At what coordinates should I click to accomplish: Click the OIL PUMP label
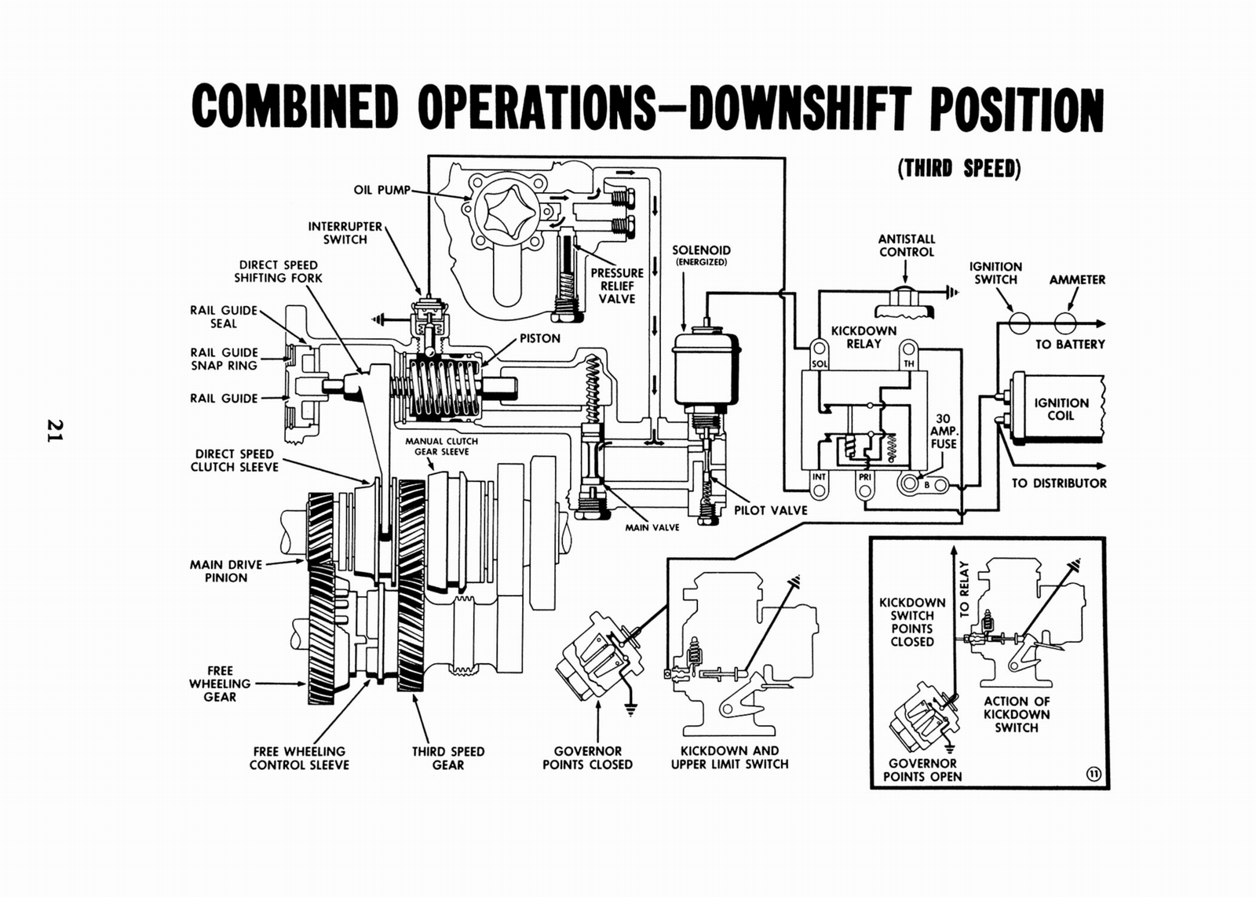pos(382,190)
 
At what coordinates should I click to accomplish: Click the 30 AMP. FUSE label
pos(943,431)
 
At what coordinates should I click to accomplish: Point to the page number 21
pos(54,429)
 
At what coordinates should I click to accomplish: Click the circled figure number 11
pos(1093,775)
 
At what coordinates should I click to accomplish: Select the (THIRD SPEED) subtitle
pos(958,169)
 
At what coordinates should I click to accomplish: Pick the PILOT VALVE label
pos(770,510)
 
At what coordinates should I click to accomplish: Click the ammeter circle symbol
pos(1065,323)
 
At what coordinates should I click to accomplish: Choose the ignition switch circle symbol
pos(1019,323)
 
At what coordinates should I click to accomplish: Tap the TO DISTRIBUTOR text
pos(1058,483)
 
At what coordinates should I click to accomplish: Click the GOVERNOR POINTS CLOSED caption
pos(587,757)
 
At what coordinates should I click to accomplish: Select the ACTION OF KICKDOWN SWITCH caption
pos(1016,714)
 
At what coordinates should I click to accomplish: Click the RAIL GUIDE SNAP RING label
pos(224,359)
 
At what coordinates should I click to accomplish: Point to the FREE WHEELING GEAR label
pos(220,684)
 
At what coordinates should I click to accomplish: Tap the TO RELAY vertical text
pos(965,589)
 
